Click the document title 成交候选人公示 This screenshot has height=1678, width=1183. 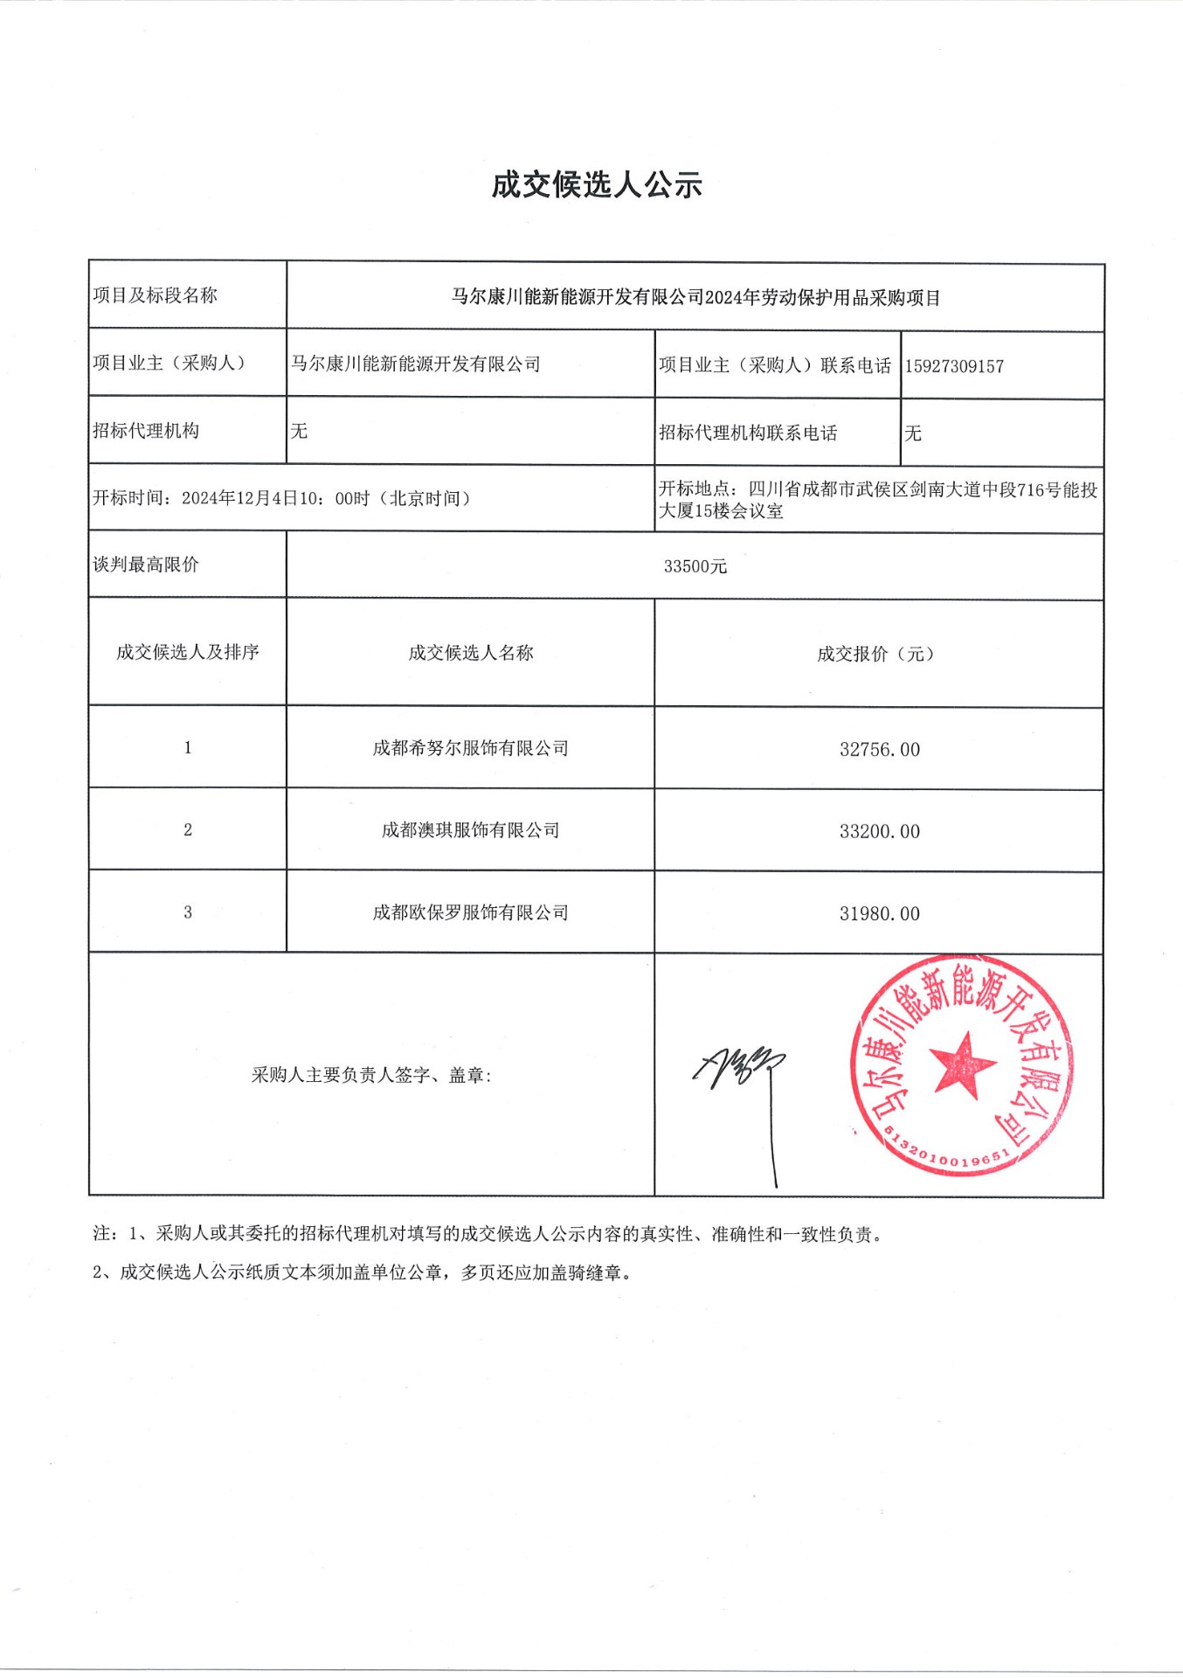pos(597,184)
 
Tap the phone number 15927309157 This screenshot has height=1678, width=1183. pos(954,366)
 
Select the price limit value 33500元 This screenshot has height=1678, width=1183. pos(695,566)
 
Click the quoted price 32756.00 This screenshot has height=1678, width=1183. pos(879,750)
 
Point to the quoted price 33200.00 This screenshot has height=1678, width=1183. pos(879,832)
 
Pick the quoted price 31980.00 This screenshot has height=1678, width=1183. pos(879,914)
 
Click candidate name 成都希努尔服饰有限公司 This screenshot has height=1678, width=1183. pos(470,748)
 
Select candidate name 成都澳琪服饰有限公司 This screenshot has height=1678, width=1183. pos(470,830)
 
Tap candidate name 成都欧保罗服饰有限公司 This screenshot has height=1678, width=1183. pos(470,912)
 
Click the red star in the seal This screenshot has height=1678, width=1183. pos(963,1064)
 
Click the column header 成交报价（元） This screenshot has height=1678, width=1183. pos(875,654)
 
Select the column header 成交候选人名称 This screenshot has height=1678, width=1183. pos(470,653)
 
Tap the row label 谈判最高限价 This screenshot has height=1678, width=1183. pos(146,565)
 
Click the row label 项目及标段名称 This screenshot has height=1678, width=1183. pos(155,295)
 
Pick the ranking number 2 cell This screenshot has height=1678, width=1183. pos(188,829)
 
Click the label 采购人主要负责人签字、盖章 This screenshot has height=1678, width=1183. pos(371,1075)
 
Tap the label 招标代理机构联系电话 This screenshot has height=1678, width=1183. pos(748,433)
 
